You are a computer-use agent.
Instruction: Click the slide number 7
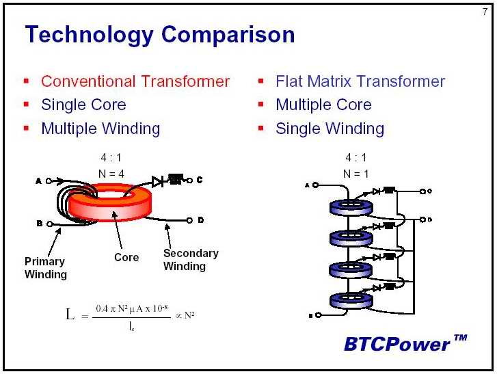485,12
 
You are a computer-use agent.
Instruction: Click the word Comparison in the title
228,34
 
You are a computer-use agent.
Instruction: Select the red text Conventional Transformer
135,81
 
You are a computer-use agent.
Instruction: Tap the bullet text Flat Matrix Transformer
360,81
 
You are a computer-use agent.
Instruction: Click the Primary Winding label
46,268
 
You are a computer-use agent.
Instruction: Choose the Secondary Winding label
191,260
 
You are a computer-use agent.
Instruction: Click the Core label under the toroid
126,257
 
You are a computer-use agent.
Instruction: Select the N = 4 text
111,174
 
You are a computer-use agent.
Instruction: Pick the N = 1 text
355,174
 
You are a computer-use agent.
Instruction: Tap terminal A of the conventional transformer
49,181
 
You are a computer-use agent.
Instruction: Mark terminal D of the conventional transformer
189,220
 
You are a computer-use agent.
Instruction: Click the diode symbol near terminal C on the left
157,182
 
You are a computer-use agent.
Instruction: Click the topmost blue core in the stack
351,207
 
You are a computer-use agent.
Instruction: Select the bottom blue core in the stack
351,300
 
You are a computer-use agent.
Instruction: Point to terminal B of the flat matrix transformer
319,315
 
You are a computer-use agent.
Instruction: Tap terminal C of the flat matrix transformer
422,191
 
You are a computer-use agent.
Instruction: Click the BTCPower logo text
405,343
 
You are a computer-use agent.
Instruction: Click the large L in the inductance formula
70,315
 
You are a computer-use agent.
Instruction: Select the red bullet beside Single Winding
261,129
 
